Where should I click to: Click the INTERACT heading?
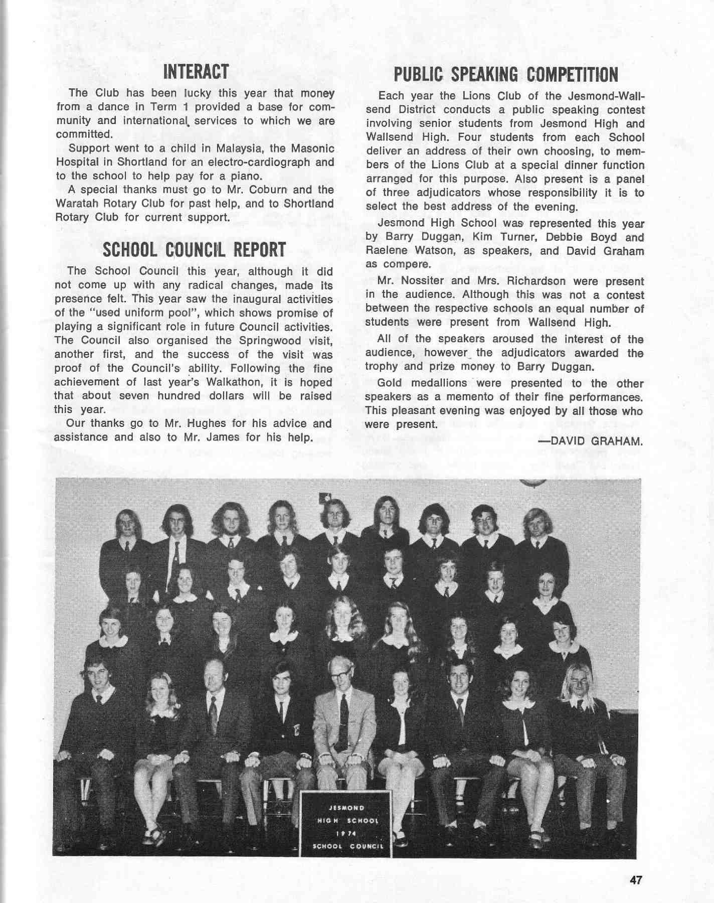point(196,72)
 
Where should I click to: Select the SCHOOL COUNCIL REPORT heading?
point(194,250)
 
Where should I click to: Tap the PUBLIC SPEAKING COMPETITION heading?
point(505,75)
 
